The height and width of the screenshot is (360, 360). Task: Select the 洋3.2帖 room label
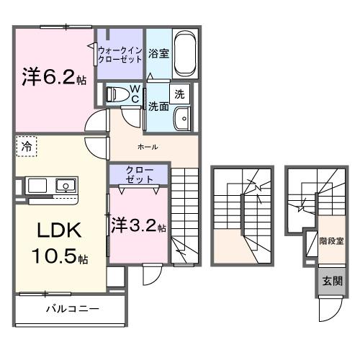tap(138, 226)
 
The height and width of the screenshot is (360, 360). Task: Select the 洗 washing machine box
tap(180, 94)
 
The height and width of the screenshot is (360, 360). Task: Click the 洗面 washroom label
tap(158, 106)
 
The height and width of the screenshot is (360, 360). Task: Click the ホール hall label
tap(147, 147)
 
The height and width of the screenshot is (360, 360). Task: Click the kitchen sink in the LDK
tap(65, 186)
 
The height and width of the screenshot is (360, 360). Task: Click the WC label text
tap(134, 93)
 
